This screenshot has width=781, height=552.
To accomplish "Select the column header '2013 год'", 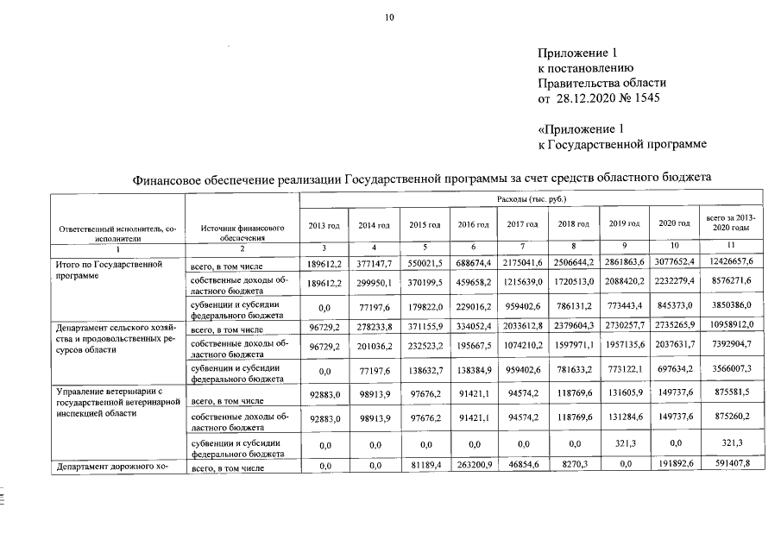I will pos(324,224).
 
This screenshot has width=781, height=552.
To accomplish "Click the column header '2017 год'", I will pos(521,224).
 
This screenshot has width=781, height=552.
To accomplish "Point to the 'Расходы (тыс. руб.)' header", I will pos(526,200).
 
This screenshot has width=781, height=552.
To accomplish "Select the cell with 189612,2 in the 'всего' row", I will pos(324,261).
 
